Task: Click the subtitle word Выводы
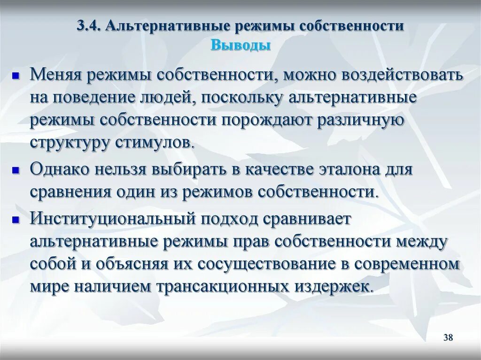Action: (x=240, y=46)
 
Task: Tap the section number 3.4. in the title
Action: (x=89, y=26)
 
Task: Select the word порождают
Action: (x=268, y=120)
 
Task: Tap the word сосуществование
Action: (x=269, y=263)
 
